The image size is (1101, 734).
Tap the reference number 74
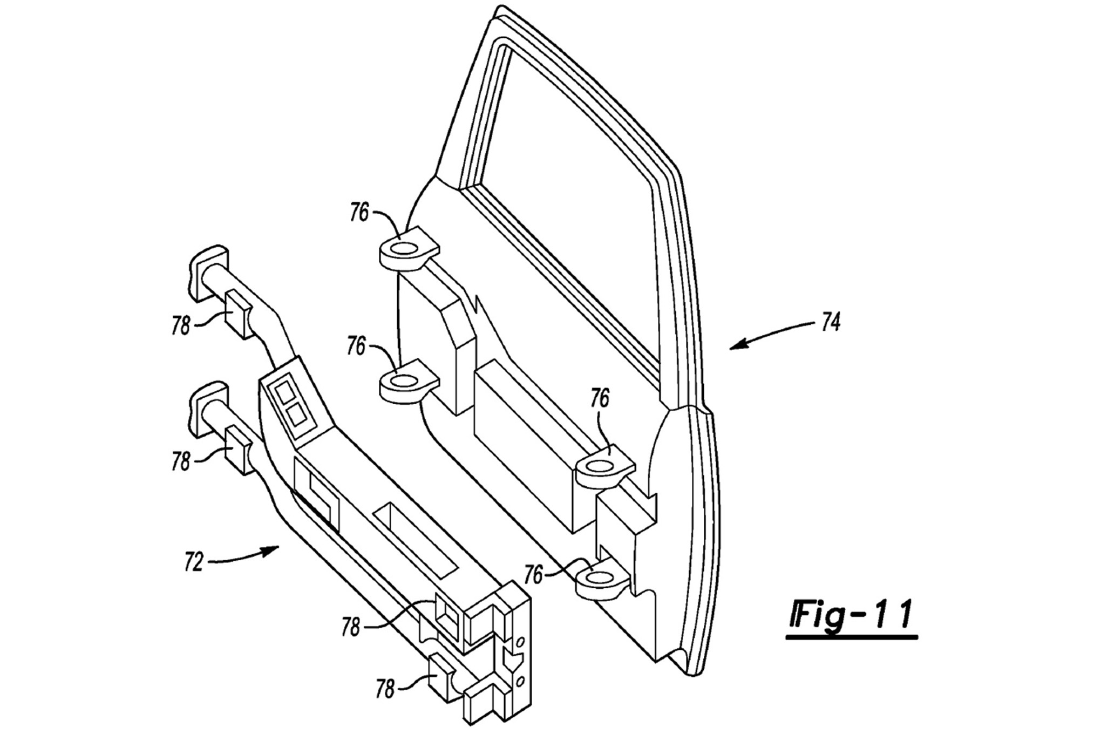[x=831, y=323]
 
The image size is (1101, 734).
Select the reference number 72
[x=193, y=562]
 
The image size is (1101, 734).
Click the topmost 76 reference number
[x=359, y=213]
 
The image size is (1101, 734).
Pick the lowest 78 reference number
[x=385, y=690]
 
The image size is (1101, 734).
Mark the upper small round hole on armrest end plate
[x=520, y=643]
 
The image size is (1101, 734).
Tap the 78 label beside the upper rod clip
[x=181, y=325]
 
